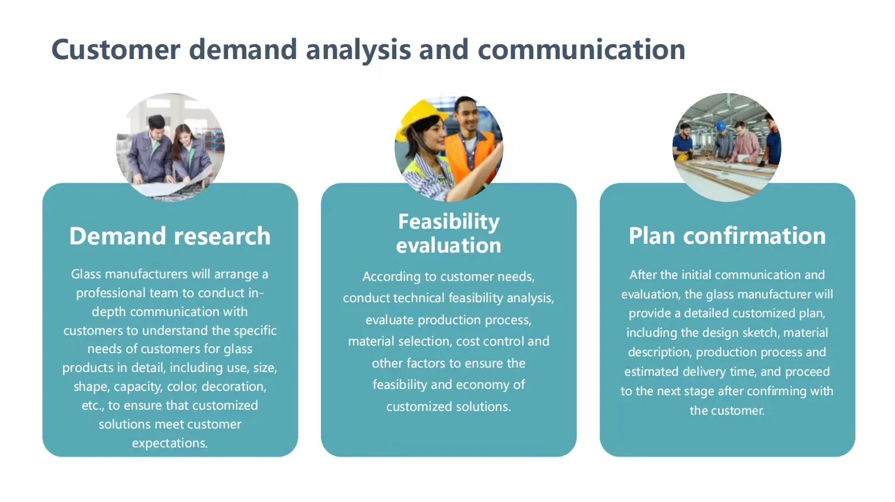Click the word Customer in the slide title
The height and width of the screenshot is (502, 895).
pyautogui.click(x=116, y=50)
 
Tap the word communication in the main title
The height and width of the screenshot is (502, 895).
pyautogui.click(x=582, y=50)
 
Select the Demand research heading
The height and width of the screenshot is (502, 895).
pyautogui.click(x=170, y=236)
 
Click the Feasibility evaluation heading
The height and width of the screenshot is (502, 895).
pyautogui.click(x=448, y=234)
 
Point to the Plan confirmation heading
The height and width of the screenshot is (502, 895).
pyautogui.click(x=727, y=236)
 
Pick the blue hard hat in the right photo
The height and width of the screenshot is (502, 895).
pyautogui.click(x=721, y=126)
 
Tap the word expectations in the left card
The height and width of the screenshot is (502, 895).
pyautogui.click(x=170, y=443)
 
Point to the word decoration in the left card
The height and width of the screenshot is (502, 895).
pyautogui.click(x=234, y=386)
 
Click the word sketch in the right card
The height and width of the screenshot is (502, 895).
pyautogui.click(x=759, y=332)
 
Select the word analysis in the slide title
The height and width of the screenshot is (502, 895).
pyautogui.click(x=359, y=50)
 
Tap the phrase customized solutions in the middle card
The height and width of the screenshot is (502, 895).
pyautogui.click(x=448, y=407)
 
